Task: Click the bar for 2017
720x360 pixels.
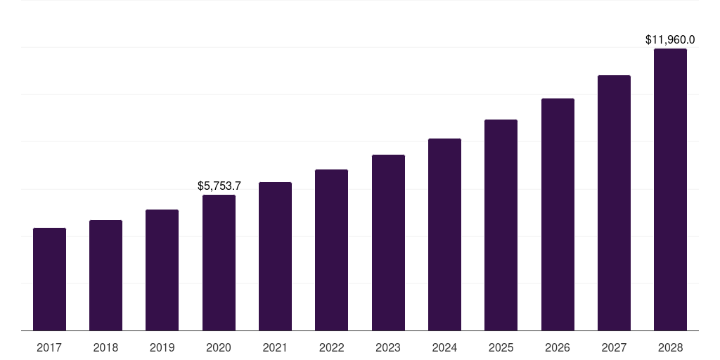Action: [x=49, y=279]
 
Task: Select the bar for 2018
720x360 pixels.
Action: [x=105, y=275]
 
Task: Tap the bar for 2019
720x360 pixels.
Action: [x=162, y=270]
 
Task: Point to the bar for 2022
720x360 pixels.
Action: [x=331, y=250]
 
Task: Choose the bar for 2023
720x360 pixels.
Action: [x=388, y=243]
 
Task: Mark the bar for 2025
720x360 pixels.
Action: [x=501, y=225]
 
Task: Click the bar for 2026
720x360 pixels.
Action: [x=558, y=214]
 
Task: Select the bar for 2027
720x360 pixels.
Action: [x=614, y=202]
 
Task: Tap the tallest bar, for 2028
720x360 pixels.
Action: [x=670, y=189]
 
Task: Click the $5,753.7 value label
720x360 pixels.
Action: [x=219, y=186]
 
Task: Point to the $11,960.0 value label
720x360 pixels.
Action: [x=670, y=40]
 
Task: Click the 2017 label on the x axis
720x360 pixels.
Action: [x=49, y=347]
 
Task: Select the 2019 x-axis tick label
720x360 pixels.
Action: [x=162, y=347]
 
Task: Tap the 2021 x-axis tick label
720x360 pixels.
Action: [x=275, y=347]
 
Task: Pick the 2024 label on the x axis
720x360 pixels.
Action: [x=444, y=347]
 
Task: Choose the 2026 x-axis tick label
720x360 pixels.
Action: [x=558, y=347]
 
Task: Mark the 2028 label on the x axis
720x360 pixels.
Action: [x=670, y=347]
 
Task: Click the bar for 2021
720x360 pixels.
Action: [x=275, y=256]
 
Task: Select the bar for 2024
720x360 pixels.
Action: [x=444, y=234]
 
